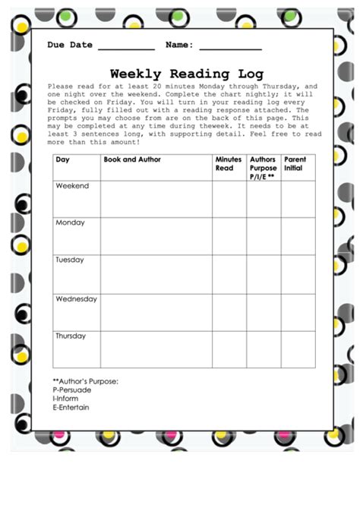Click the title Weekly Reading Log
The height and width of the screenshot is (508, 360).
[186, 74]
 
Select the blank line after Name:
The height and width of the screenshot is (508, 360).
[231, 47]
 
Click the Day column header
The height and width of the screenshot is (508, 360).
[63, 160]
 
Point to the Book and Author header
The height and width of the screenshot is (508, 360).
[131, 160]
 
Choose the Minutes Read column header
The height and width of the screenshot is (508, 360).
[229, 164]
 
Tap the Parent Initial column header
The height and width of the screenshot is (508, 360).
[295, 164]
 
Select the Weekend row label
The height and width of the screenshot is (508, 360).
[72, 186]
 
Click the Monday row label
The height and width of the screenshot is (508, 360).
[70, 223]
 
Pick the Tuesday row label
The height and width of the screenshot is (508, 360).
[70, 260]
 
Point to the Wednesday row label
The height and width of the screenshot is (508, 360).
[76, 299]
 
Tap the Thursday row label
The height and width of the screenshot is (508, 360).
[71, 336]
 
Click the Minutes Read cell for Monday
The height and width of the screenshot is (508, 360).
[229, 235]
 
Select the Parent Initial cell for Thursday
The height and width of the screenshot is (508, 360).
[298, 349]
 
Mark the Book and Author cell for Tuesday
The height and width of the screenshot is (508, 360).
[156, 273]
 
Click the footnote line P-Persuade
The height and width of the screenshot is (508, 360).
[72, 390]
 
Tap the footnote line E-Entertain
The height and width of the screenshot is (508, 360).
[71, 408]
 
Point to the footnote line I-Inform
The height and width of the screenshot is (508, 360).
[67, 399]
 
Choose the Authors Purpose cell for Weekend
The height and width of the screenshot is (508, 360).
[263, 199]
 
